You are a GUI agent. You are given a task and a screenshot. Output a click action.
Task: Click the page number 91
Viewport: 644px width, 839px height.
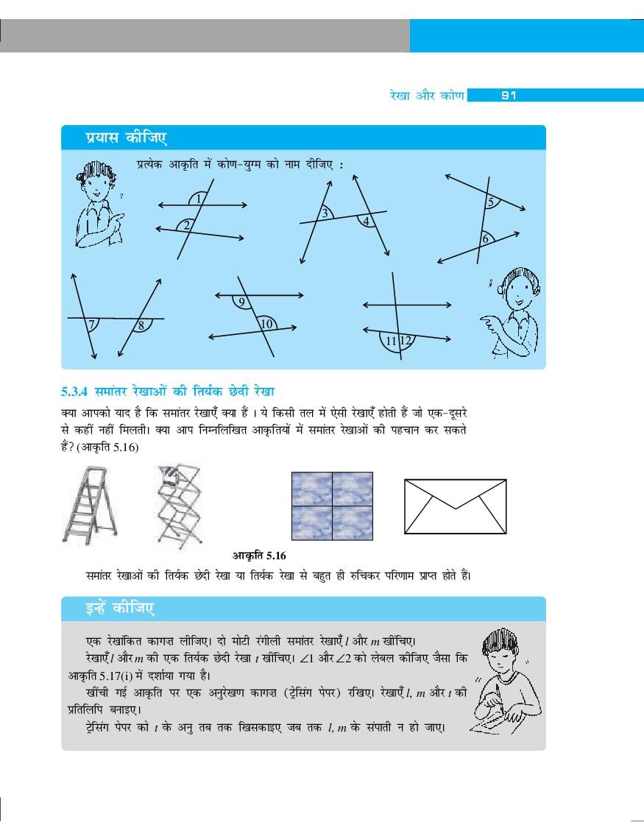pyautogui.click(x=508, y=96)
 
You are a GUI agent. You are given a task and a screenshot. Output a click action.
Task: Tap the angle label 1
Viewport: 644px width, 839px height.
pyautogui.click(x=199, y=199)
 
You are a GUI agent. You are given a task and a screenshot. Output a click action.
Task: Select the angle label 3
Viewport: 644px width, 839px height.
pyautogui.click(x=325, y=213)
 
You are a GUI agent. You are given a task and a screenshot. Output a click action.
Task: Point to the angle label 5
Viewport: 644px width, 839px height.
pyautogui.click(x=367, y=221)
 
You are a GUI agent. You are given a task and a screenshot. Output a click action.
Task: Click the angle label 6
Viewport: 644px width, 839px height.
pyautogui.click(x=491, y=202)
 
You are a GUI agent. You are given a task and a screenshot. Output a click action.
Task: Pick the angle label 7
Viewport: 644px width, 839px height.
pyautogui.click(x=485, y=239)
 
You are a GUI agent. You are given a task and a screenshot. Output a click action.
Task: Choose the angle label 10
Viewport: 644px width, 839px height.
pyautogui.click(x=91, y=325)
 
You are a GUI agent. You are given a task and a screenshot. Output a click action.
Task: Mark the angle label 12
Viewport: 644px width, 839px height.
pyautogui.click(x=141, y=325)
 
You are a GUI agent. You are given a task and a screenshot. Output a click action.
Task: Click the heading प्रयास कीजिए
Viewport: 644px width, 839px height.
pyautogui.click(x=241, y=303)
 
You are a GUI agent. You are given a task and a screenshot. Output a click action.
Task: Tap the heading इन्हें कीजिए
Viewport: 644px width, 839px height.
pyautogui.click(x=266, y=324)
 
